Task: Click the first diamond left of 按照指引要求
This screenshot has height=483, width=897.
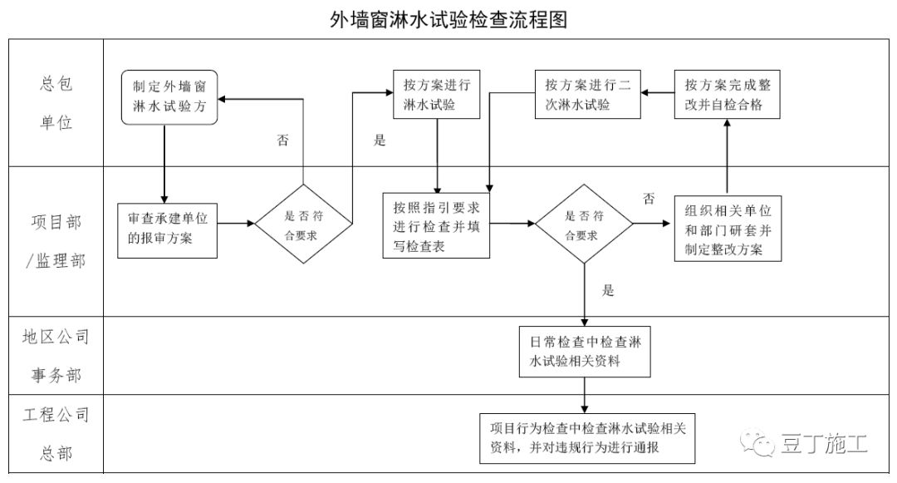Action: coord(303,224)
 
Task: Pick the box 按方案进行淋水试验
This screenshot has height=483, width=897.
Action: coord(437,96)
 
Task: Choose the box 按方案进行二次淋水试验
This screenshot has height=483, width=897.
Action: coord(585,95)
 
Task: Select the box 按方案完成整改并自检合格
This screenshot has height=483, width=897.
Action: coord(727,95)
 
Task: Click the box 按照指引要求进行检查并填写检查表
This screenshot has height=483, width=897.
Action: coord(436,225)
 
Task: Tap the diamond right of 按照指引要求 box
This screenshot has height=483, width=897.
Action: coord(583,224)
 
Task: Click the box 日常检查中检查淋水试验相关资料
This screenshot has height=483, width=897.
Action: coord(584,352)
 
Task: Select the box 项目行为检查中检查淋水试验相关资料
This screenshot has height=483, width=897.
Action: coord(589,437)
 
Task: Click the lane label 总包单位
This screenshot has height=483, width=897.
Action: coord(56,103)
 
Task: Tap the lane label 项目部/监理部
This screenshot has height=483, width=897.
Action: coord(56,241)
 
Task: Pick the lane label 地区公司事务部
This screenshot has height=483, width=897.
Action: coord(56,356)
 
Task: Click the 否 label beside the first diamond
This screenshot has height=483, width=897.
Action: coord(283,140)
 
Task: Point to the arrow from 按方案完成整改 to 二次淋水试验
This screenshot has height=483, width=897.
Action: coord(655,94)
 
